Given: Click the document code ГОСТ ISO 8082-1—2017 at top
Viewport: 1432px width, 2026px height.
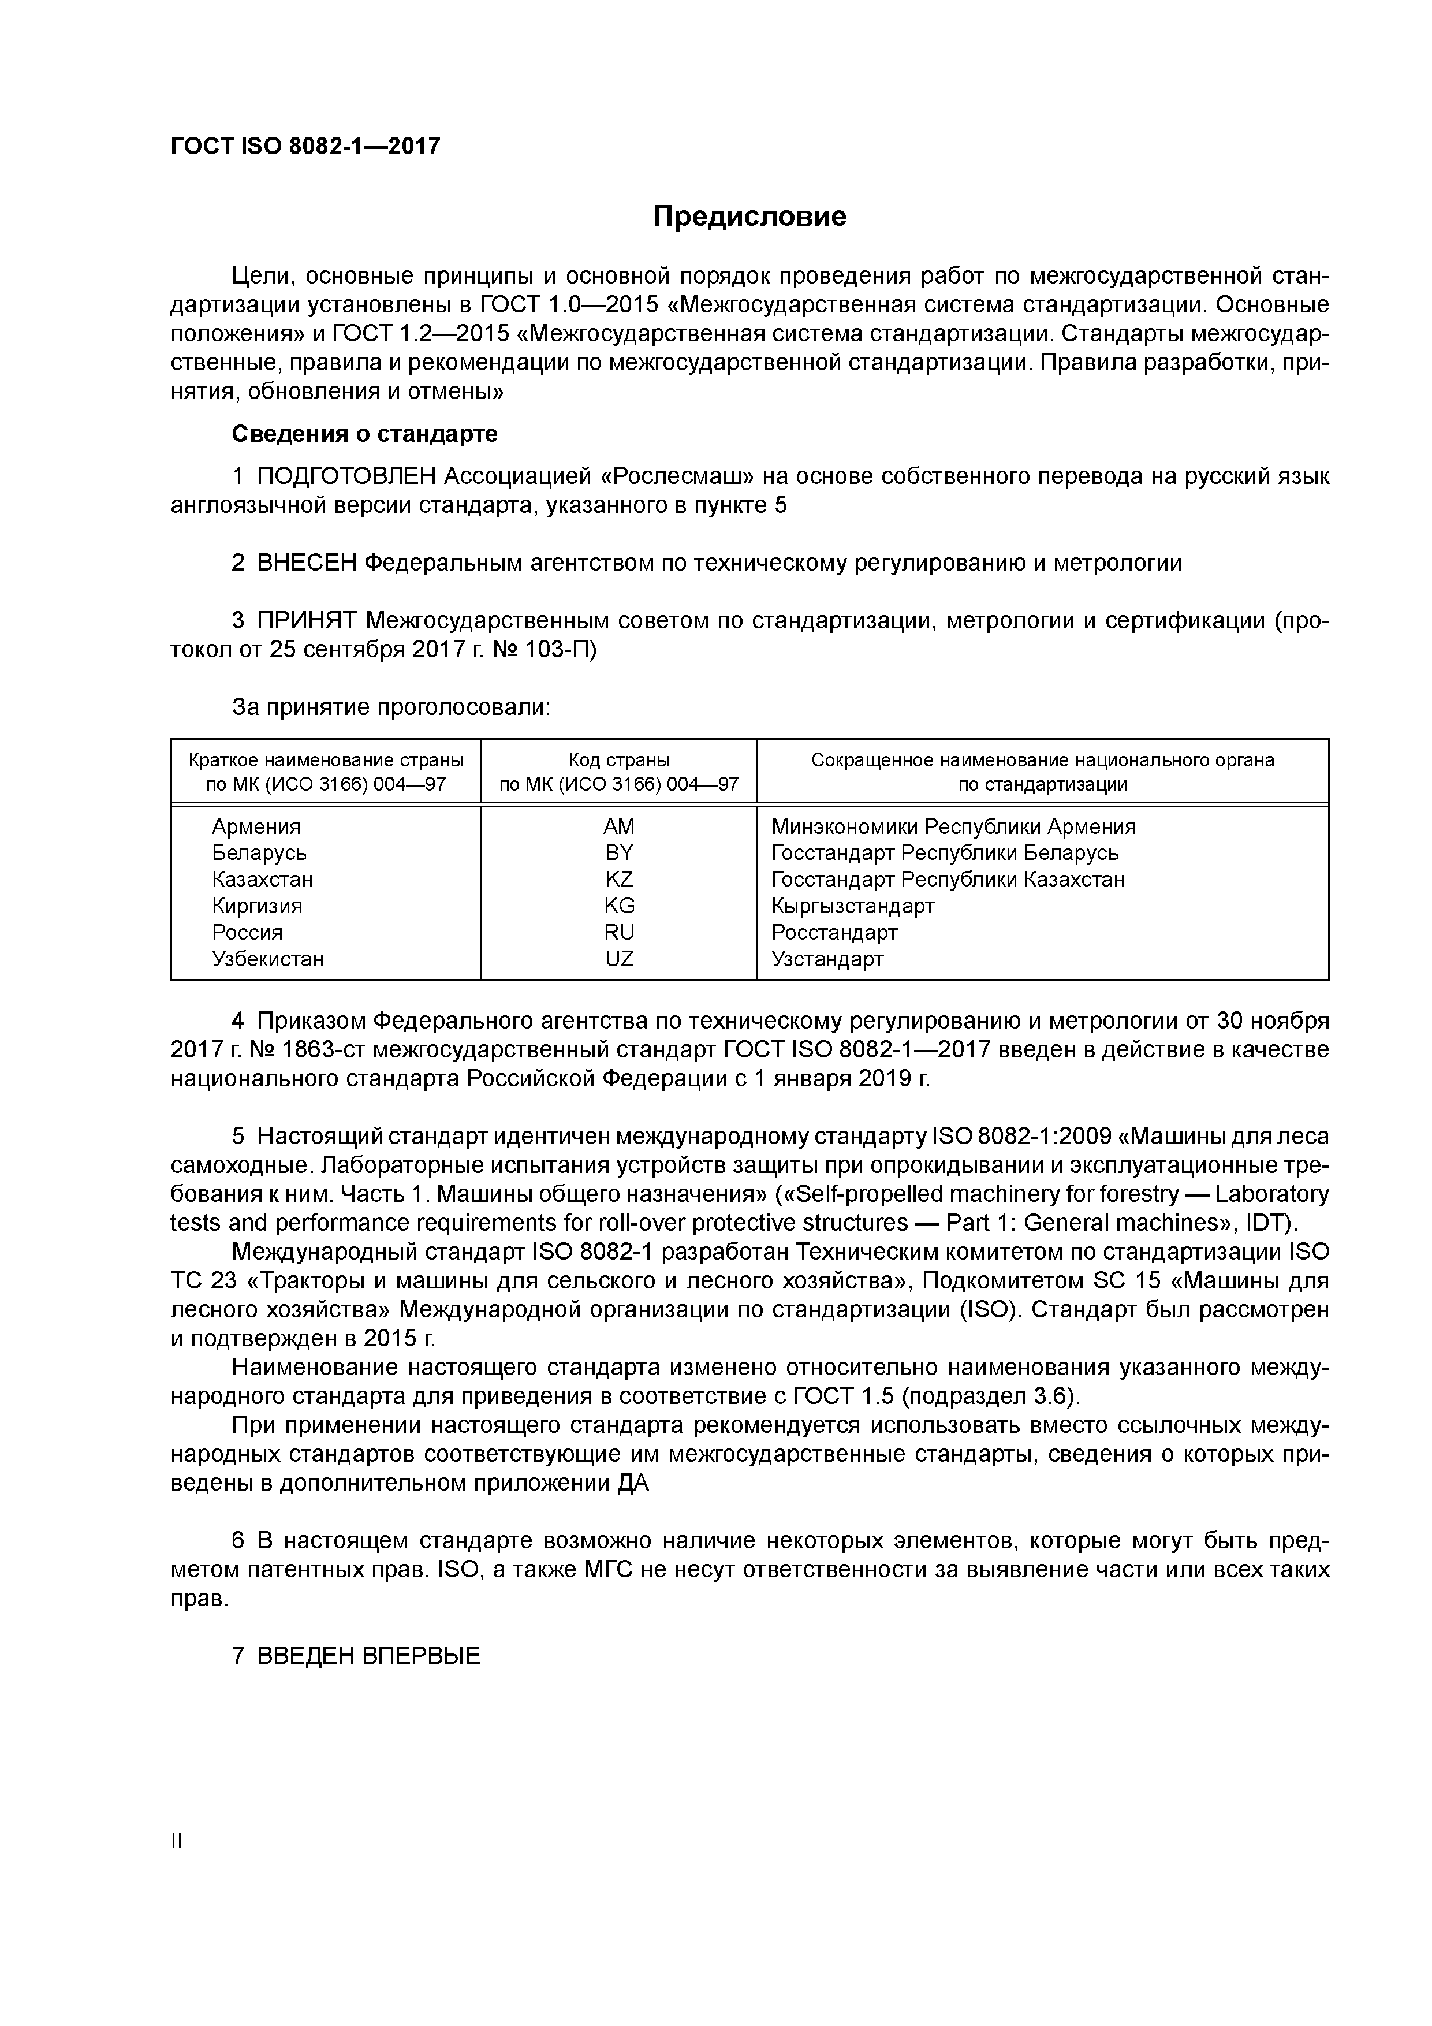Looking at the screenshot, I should pos(304,147).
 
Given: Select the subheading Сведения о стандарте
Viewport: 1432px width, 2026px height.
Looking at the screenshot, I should pos(364,434).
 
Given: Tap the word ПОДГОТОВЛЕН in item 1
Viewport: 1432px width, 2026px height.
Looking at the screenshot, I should pos(346,476).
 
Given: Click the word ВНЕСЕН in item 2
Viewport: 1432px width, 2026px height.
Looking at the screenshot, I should pos(306,563).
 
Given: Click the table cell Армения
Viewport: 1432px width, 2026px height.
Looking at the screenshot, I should pos(256,827).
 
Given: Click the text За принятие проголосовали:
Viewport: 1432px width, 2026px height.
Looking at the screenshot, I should pos(391,707).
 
